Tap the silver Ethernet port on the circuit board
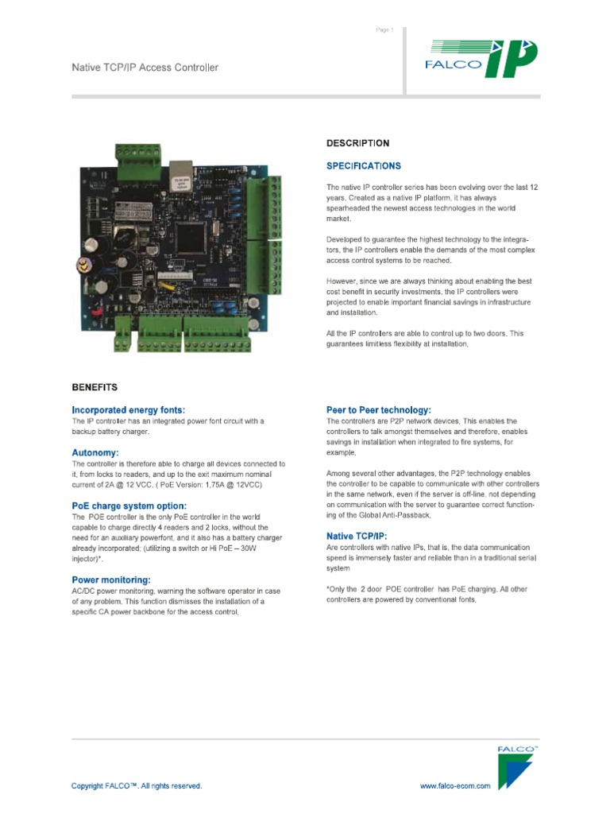[182, 170]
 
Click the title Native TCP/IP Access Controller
[145, 68]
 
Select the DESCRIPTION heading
[357, 144]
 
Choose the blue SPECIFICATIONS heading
[364, 166]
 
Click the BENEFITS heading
[95, 388]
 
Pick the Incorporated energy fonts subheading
[128, 410]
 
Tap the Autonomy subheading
[95, 452]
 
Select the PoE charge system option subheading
[129, 506]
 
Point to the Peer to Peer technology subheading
[379, 410]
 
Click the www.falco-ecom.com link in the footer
[455, 786]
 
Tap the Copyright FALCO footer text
[137, 786]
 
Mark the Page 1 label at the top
[384, 30]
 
